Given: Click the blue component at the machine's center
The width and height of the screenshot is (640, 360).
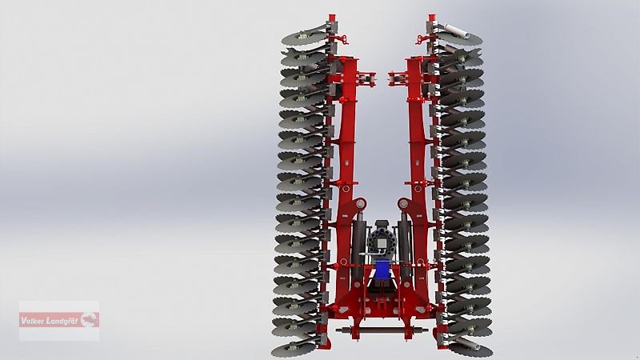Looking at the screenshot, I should (x=382, y=272).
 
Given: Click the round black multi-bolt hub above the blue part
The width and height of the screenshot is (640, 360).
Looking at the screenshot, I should (x=382, y=241).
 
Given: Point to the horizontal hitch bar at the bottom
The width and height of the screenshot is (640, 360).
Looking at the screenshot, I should (x=382, y=330).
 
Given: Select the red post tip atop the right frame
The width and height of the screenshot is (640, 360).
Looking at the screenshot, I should (x=430, y=17).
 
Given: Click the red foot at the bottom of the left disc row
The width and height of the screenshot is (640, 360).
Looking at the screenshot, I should (x=325, y=344).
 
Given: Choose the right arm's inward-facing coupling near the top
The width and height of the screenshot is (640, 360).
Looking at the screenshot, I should (x=398, y=78).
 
